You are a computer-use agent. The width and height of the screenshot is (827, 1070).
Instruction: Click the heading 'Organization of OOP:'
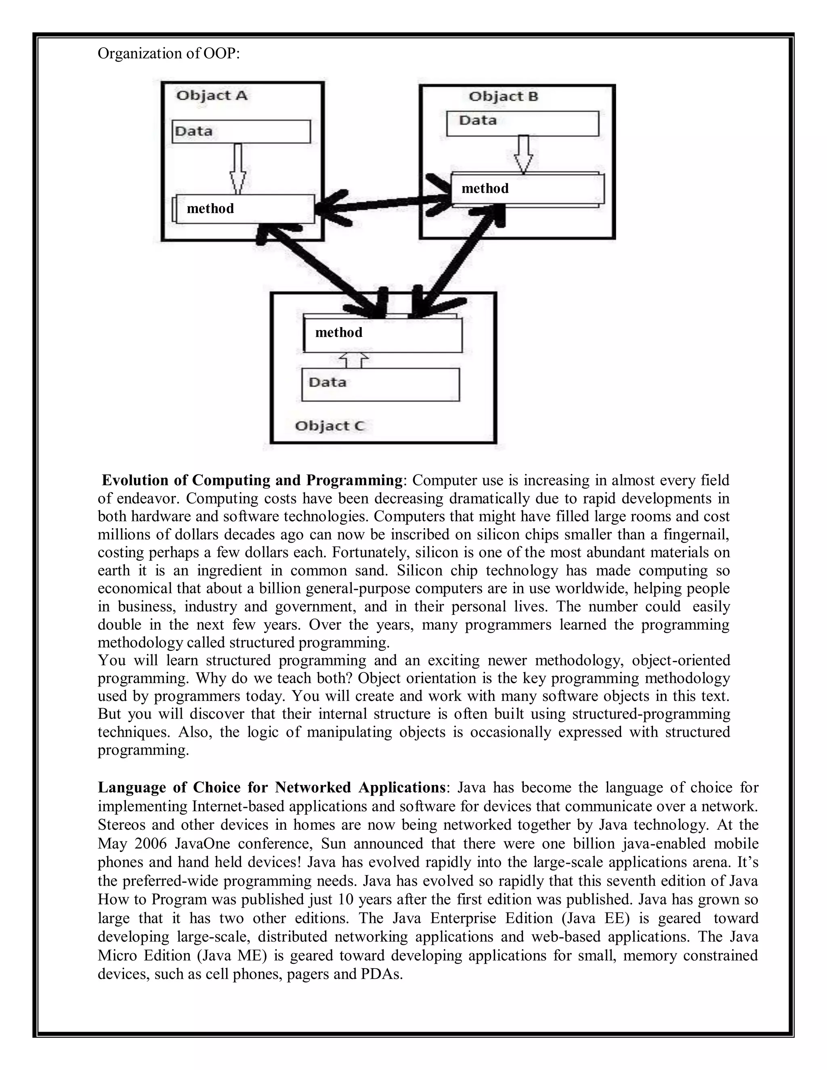168,53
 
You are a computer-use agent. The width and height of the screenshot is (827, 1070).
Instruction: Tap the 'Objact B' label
503,96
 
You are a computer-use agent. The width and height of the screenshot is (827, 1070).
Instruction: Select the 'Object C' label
330,426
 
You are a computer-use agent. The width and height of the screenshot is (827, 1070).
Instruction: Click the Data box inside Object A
241,131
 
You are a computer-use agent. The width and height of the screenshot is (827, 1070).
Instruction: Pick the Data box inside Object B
522,123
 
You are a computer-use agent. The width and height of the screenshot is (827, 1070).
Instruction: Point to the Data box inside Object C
380,384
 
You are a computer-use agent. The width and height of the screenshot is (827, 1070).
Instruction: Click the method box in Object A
245,209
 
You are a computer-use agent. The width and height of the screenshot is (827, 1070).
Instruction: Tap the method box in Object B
528,189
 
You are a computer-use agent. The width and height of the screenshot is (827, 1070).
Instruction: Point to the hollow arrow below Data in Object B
523,154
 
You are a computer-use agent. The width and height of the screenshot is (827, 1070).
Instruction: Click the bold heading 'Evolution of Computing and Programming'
252,480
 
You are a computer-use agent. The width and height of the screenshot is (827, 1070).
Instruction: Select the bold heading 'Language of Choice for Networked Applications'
271,787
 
